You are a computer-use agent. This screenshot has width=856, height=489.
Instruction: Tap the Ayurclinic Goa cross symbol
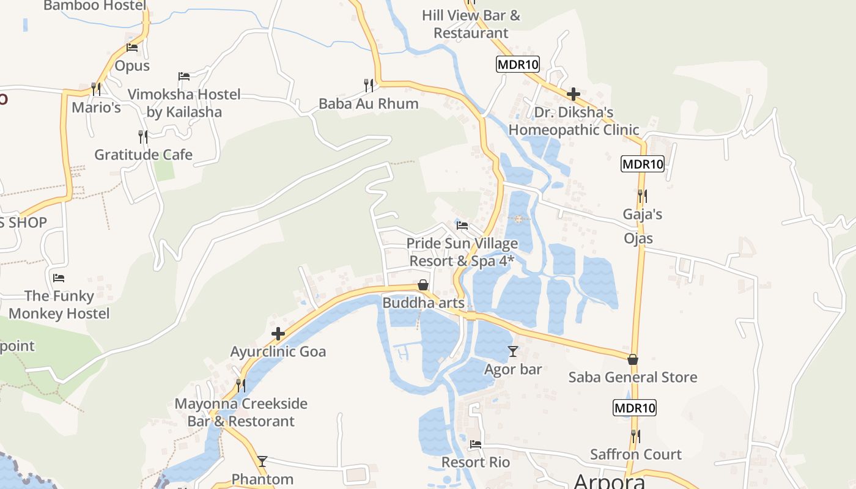tap(278, 334)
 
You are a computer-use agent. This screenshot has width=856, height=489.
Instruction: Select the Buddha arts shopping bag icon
tap(422, 285)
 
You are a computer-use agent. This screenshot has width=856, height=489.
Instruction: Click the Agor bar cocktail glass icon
tap(512, 351)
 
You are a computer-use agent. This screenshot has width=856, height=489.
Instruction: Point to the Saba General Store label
tap(633, 377)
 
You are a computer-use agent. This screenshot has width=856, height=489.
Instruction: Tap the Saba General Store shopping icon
tap(633, 359)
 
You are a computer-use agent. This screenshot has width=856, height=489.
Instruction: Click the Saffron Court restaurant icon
tap(636, 436)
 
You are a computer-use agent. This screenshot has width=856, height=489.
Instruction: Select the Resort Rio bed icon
tap(476, 444)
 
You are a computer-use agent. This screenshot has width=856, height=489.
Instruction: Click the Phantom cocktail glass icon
tap(262, 461)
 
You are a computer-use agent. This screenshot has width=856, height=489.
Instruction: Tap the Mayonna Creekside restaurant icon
tap(241, 386)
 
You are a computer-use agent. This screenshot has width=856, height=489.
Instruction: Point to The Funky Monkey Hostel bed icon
tap(59, 278)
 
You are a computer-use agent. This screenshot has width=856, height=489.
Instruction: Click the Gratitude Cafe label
tap(143, 155)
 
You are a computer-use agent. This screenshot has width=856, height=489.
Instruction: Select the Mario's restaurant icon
tap(96, 89)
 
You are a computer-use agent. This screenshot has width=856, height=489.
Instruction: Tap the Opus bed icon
tap(132, 48)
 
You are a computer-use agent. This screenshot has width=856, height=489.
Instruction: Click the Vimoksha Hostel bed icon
tap(184, 76)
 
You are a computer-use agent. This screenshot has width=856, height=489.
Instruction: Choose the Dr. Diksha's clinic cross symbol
tap(574, 94)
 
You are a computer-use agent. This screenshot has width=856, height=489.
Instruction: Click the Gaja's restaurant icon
tap(642, 196)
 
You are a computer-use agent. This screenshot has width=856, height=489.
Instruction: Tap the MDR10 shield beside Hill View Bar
tap(518, 64)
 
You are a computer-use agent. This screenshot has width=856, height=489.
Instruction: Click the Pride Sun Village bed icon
tap(462, 226)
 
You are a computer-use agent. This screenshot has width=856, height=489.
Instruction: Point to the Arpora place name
tap(609, 481)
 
